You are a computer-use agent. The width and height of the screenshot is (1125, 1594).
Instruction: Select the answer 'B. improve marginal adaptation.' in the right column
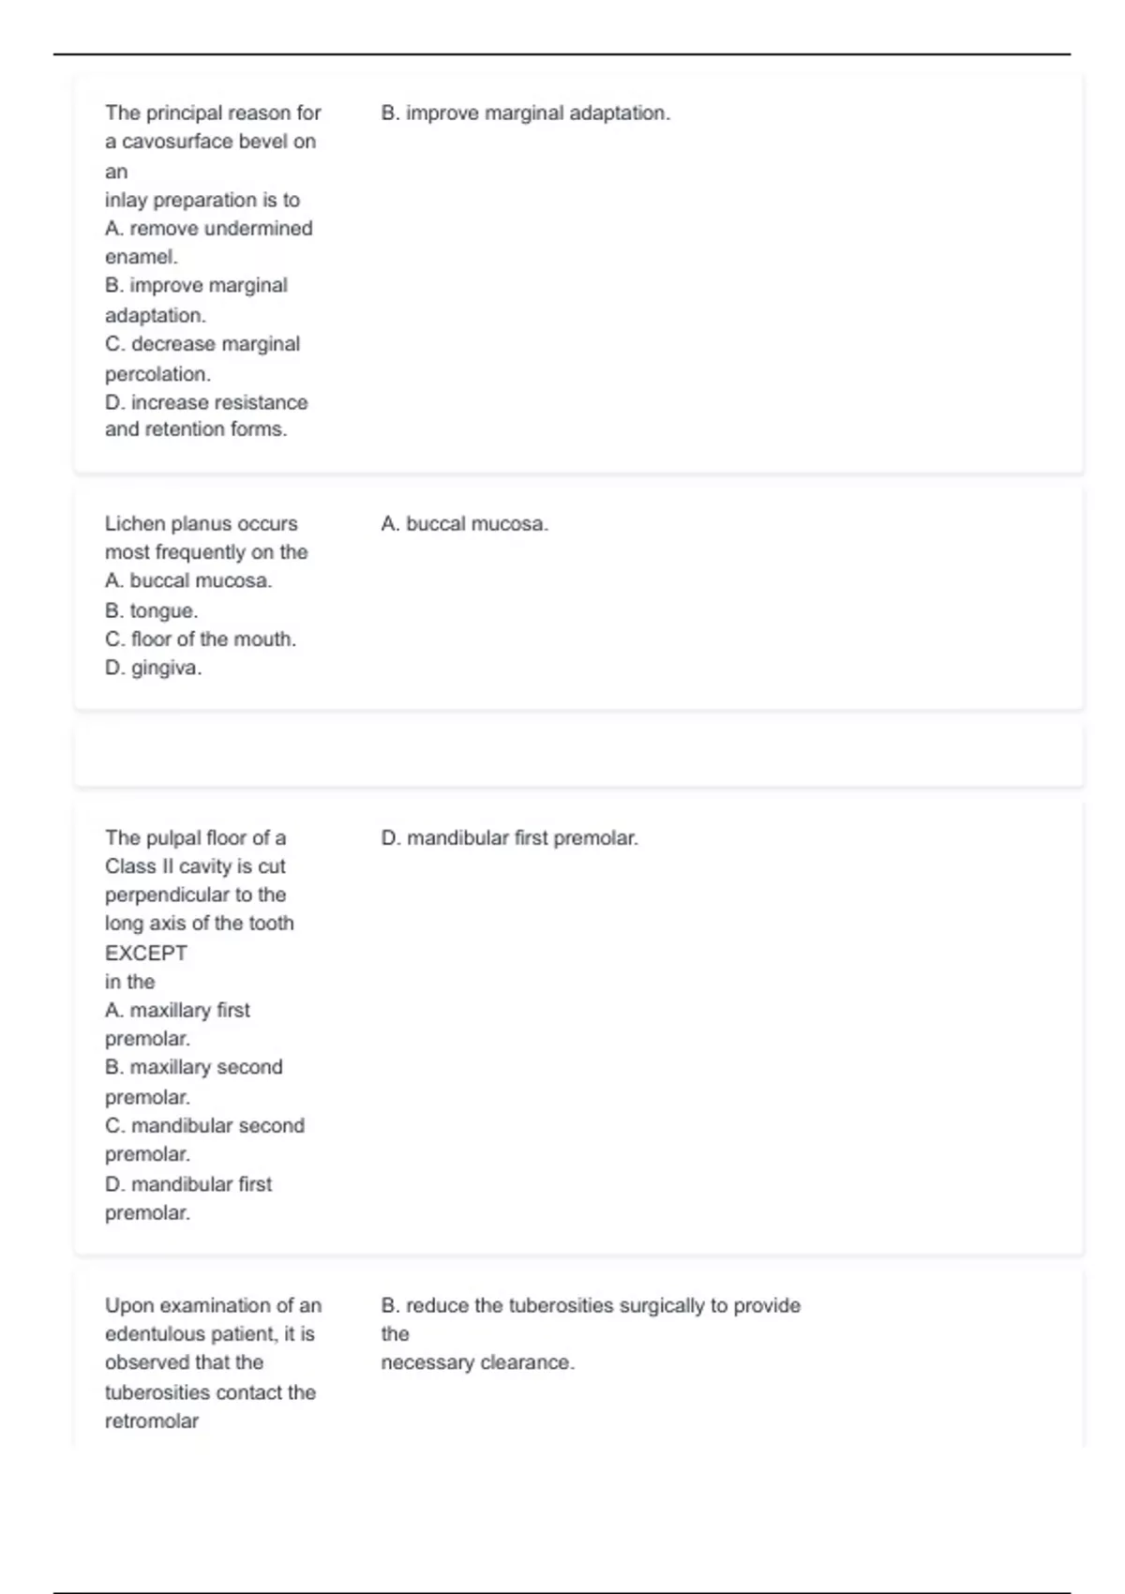pos(525,113)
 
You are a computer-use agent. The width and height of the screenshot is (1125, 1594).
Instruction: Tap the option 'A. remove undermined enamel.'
pos(208,242)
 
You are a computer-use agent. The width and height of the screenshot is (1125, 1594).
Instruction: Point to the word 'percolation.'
pos(157,374)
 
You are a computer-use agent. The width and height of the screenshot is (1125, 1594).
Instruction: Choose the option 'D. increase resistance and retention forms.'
pos(205,415)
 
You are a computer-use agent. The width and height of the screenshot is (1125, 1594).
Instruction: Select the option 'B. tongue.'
pos(151,611)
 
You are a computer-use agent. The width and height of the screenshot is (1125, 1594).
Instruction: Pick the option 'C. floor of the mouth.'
pos(200,639)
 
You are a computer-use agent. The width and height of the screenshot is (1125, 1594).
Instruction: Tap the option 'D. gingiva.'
pos(153,669)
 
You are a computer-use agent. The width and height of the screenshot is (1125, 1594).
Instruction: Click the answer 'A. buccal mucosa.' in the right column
pos(464,524)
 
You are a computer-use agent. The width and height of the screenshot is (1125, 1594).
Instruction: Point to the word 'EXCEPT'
pos(145,954)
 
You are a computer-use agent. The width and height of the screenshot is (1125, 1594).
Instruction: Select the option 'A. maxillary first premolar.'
pos(177,1024)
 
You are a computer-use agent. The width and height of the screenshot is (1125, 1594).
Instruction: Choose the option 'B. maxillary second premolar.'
pos(193,1081)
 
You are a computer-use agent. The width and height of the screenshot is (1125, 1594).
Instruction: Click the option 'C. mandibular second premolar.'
pos(204,1139)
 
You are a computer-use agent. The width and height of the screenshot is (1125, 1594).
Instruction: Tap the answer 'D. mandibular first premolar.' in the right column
pos(509,838)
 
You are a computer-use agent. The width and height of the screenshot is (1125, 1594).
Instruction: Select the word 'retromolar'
pos(151,1421)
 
